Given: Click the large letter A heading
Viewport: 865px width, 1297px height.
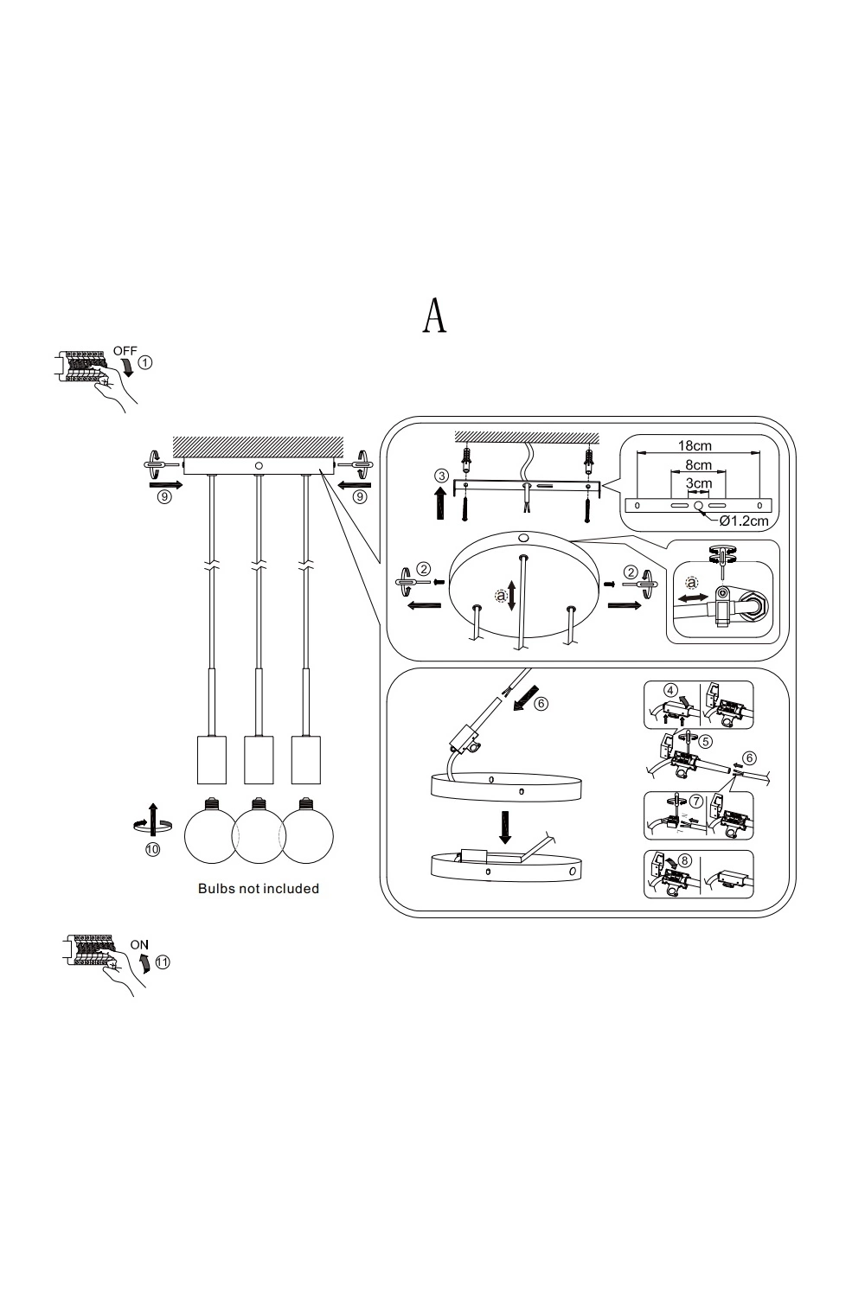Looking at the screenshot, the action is (x=434, y=316).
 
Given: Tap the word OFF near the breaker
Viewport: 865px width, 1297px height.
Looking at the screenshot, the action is (x=125, y=351).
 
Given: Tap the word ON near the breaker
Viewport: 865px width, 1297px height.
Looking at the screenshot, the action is (x=139, y=944).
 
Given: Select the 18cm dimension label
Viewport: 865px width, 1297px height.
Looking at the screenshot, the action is (x=695, y=446).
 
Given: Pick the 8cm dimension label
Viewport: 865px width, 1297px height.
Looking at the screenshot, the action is (x=698, y=465).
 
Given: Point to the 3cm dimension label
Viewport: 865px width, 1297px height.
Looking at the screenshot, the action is (x=699, y=482).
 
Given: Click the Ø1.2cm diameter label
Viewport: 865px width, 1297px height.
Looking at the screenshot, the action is (x=744, y=521).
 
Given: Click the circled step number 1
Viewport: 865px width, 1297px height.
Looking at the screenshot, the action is (x=145, y=362).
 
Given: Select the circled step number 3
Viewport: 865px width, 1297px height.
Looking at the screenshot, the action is (x=441, y=476).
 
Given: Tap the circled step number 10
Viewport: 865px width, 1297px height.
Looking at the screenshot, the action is (x=153, y=849).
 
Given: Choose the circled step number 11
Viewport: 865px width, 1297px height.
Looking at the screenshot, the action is (x=163, y=962).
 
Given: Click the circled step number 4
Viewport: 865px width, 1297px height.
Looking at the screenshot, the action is (x=670, y=690).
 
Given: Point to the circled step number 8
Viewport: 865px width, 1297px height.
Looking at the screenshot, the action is (x=684, y=860).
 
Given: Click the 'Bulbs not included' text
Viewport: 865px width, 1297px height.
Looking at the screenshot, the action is (x=259, y=888).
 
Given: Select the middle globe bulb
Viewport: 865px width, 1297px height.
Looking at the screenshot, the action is (x=259, y=830).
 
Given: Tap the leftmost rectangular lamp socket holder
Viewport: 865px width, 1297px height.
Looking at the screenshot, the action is (x=211, y=760).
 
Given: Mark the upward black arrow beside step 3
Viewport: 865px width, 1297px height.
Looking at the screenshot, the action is (x=441, y=503).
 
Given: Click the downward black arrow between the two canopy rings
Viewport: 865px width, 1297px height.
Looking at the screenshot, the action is (x=505, y=827).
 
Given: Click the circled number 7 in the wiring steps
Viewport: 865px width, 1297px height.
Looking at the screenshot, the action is (x=696, y=802).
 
